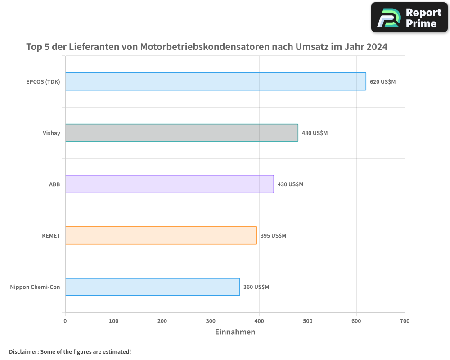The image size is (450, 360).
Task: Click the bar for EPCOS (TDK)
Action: tap(216, 81)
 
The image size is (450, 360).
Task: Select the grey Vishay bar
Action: tap(181, 133)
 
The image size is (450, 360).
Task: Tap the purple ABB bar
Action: tap(169, 184)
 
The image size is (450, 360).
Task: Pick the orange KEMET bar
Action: tap(161, 235)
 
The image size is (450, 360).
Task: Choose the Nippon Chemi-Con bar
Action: tap(153, 287)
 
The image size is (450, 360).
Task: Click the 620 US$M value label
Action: tap(382, 82)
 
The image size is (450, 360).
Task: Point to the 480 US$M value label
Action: tap(315, 133)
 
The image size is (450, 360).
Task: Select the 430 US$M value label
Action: tap(290, 184)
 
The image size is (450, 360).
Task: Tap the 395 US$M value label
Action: tap(273, 236)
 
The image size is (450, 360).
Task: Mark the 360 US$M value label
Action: tap(256, 287)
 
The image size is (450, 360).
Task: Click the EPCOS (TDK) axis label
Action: tap(43, 82)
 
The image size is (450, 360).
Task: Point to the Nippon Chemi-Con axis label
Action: tap(35, 287)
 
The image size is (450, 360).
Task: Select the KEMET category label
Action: tap(51, 236)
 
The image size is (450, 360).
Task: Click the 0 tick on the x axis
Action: tap(65, 321)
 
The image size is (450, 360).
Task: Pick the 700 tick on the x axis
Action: tap(405, 321)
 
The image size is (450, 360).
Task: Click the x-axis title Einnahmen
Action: tap(235, 332)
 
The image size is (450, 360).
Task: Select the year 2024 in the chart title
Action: tap(377, 47)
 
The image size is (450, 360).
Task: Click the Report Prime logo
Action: tap(409, 18)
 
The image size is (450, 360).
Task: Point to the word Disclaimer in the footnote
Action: tap(23, 351)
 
